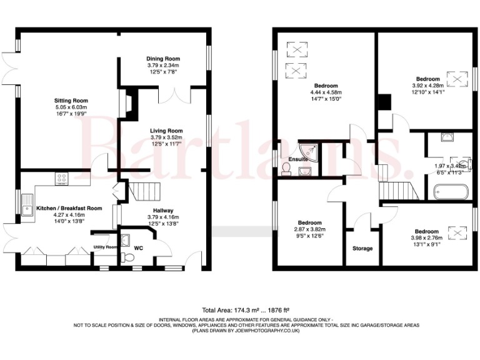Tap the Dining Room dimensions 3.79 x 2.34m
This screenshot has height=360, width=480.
pos(163,65)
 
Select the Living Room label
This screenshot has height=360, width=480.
pos(166,131)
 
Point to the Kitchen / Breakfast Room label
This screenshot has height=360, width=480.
pos(69,207)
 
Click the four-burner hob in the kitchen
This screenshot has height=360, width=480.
pos(62,178)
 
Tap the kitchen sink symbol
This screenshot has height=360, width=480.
pos(28,205)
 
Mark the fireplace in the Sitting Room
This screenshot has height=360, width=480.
pos(129,103)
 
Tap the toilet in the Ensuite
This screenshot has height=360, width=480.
pos(287,168)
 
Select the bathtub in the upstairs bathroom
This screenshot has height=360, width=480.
pos(447,192)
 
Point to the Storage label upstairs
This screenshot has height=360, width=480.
pos(362,248)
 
